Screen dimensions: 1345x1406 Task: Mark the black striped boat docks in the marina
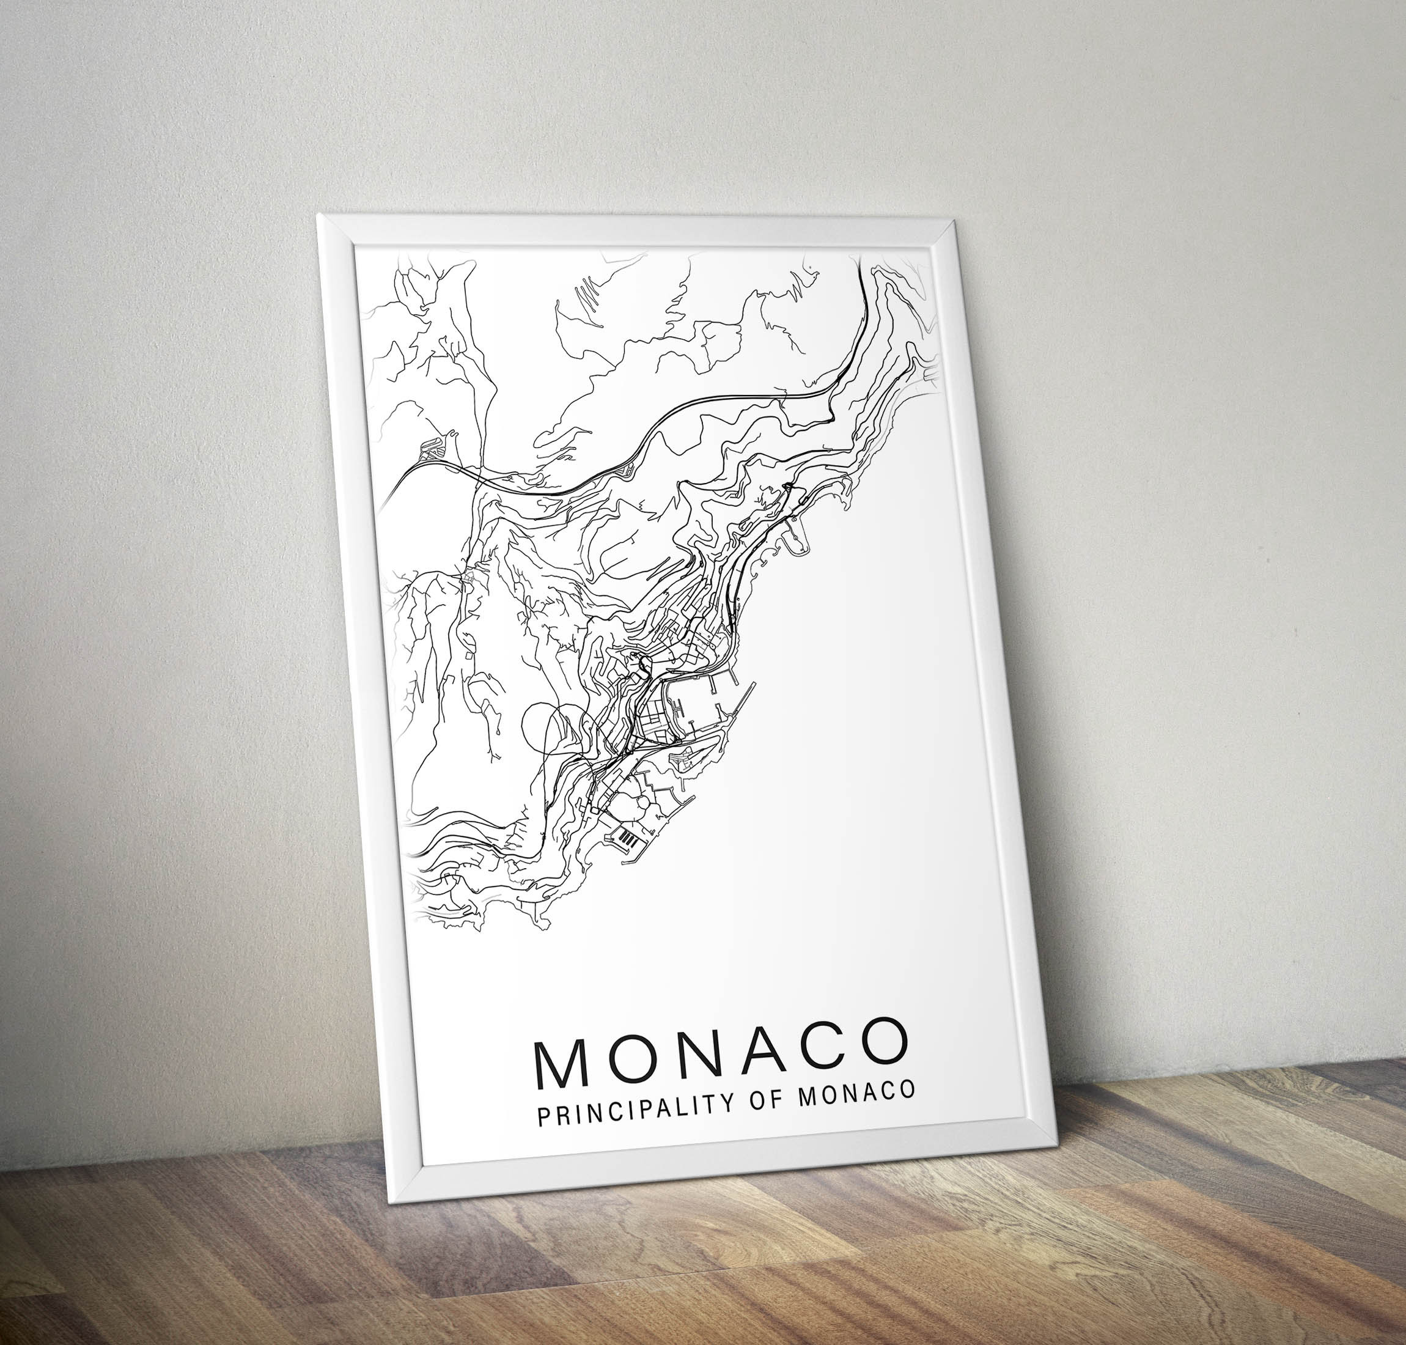[x=627, y=837]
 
